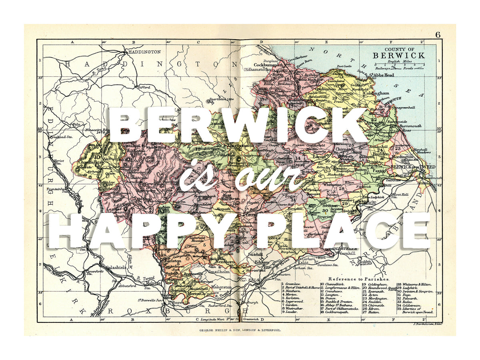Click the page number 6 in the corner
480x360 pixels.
[x=438, y=35]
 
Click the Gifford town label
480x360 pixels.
[x=144, y=87]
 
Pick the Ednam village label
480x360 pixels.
[x=262, y=262]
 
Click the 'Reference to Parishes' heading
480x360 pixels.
[x=359, y=278]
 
